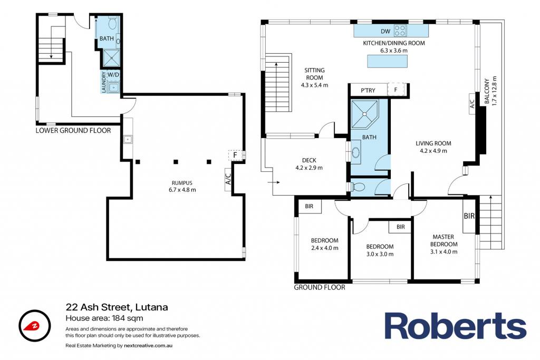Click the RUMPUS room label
click(182, 183)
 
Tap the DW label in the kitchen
click(385, 31)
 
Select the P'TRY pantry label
click(368, 91)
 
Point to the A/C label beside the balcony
click(472, 104)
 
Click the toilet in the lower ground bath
click(112, 23)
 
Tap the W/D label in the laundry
click(113, 74)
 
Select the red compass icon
click(35, 326)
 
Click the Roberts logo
click(455, 326)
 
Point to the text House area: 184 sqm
click(104, 318)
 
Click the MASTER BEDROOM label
click(443, 240)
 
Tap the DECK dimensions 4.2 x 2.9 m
click(309, 168)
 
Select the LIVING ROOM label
click(433, 143)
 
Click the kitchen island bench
click(388, 62)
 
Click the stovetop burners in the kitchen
click(400, 31)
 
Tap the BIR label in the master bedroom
click(469, 216)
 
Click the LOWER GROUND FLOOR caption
click(73, 130)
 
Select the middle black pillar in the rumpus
click(176, 162)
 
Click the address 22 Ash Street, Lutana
click(117, 307)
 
